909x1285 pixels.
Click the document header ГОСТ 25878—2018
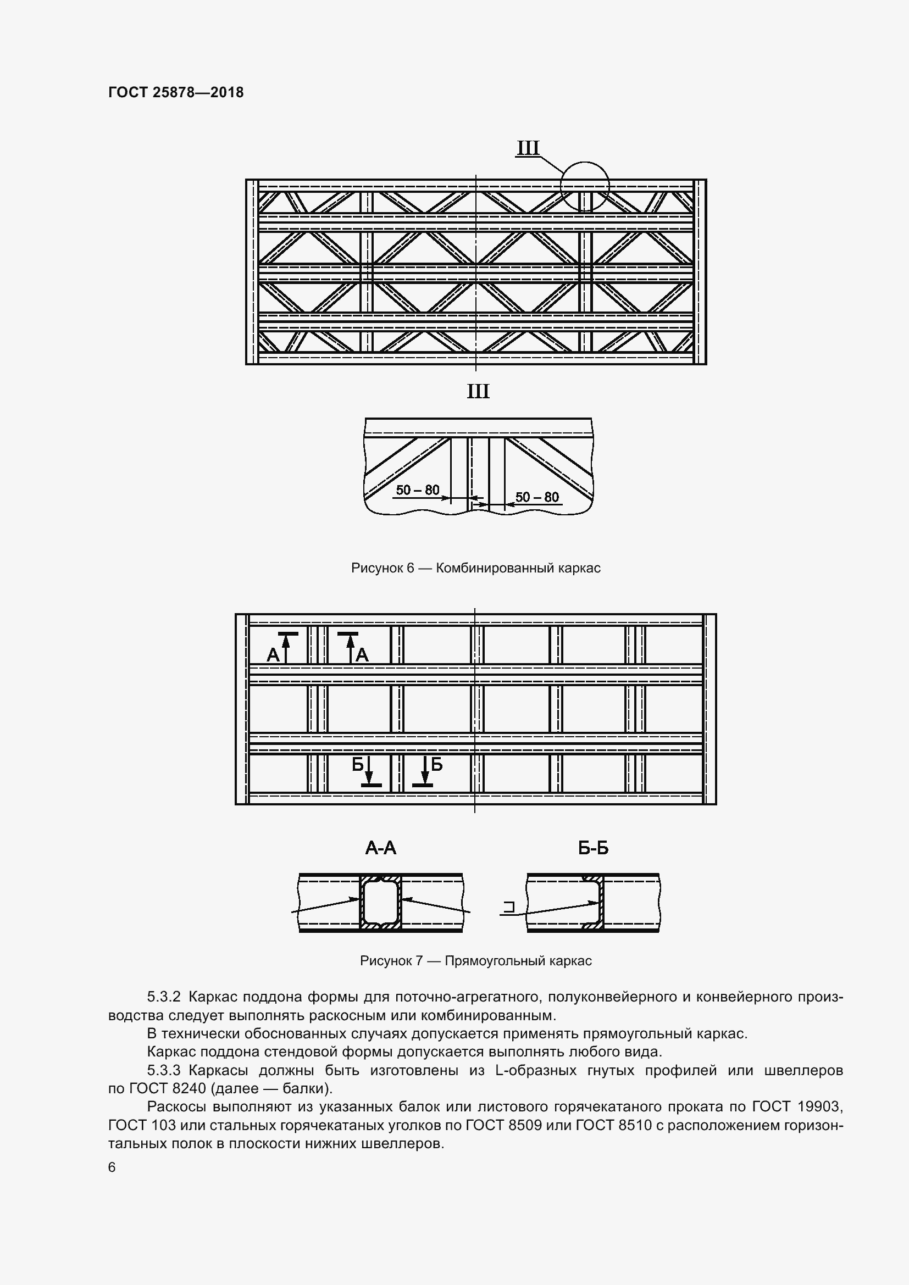[x=176, y=92]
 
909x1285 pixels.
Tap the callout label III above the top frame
[x=527, y=148]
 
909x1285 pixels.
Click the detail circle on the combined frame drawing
[x=585, y=186]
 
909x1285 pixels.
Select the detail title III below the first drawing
[x=478, y=391]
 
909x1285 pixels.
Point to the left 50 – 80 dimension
[x=418, y=490]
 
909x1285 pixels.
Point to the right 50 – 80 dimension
[x=537, y=497]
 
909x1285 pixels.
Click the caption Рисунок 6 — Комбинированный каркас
[x=476, y=568]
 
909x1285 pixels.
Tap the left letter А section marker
[x=273, y=654]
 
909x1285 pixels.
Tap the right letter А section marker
[x=362, y=654]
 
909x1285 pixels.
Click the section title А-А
[x=381, y=848]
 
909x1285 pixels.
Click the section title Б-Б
[x=594, y=848]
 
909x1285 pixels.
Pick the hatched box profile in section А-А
[x=381, y=903]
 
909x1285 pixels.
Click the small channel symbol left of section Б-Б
[x=509, y=906]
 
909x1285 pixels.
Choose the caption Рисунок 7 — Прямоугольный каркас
[x=476, y=961]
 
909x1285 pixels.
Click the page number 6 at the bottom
[x=112, y=1167]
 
